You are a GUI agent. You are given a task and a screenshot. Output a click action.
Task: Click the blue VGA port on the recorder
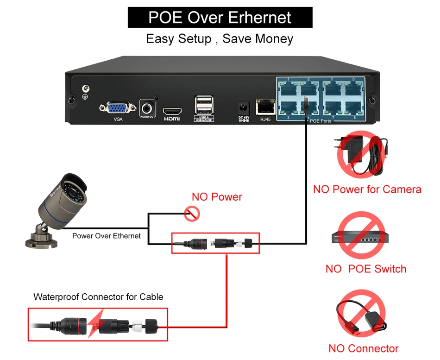point(113,108)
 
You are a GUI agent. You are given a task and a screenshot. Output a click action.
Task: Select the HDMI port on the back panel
point(172,111)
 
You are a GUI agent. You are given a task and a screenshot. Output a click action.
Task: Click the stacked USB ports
point(204,105)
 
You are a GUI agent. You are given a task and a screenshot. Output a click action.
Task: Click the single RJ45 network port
point(265,107)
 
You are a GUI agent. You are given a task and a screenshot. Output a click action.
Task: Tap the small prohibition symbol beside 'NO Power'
point(191,214)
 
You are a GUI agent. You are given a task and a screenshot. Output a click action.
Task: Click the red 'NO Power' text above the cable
point(217,197)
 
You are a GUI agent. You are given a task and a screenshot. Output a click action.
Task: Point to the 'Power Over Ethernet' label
point(106,236)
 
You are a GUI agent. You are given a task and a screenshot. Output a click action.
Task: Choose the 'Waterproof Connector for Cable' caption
point(98,297)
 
